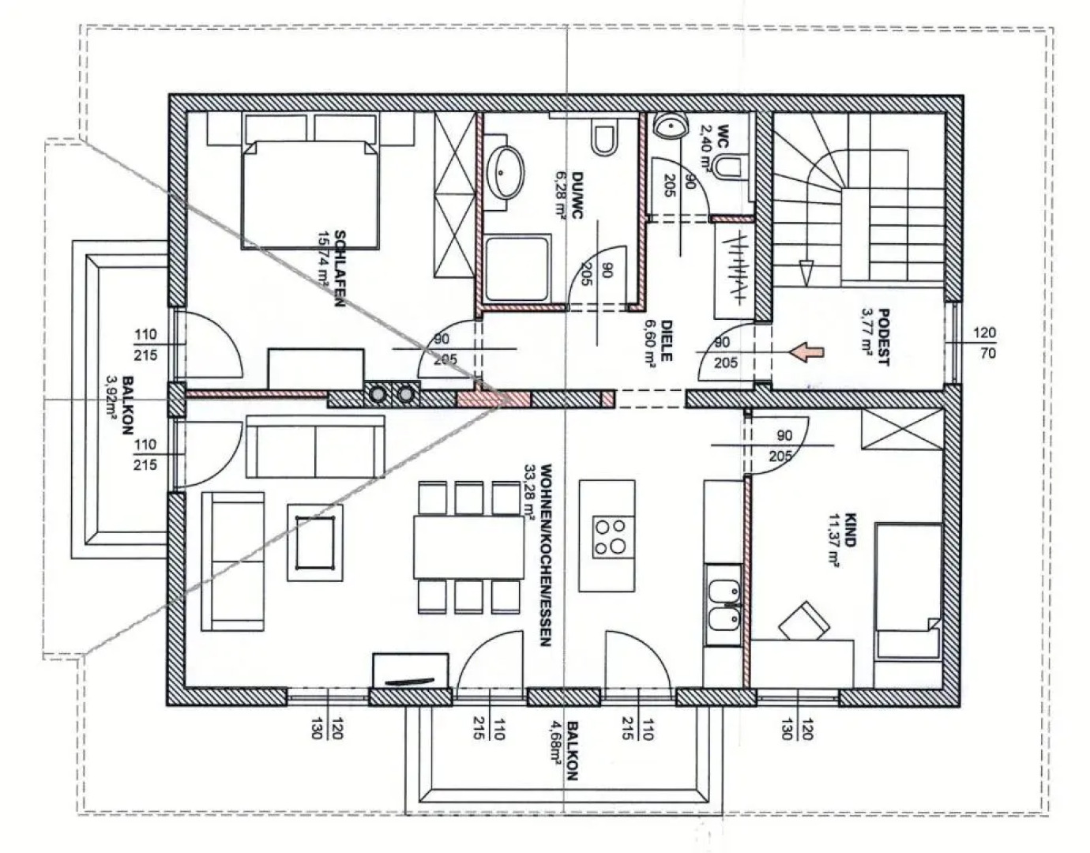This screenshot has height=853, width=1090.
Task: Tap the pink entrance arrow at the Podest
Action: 807,351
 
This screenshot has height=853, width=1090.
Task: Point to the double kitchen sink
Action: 722,606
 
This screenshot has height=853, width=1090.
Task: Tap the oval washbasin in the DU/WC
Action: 505,173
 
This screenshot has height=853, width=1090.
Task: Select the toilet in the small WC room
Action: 728,167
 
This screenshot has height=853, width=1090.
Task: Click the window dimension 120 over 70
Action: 987,343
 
